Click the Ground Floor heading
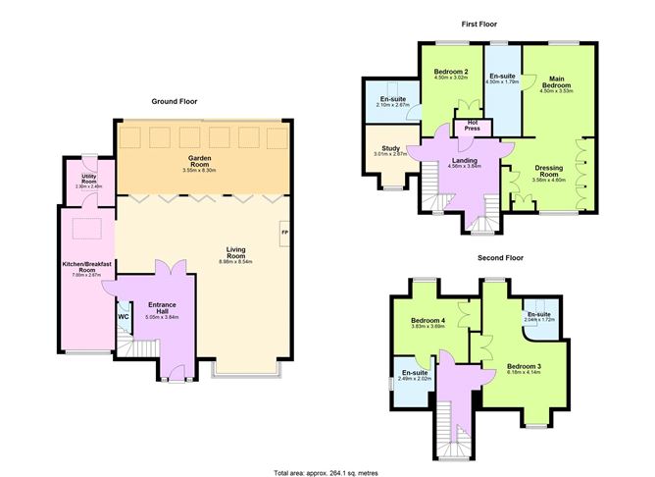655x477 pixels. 175,101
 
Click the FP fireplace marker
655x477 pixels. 285,232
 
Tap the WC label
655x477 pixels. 124,317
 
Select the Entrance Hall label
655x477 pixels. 161,306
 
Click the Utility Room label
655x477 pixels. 89,177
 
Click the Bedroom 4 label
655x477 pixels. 428,320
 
